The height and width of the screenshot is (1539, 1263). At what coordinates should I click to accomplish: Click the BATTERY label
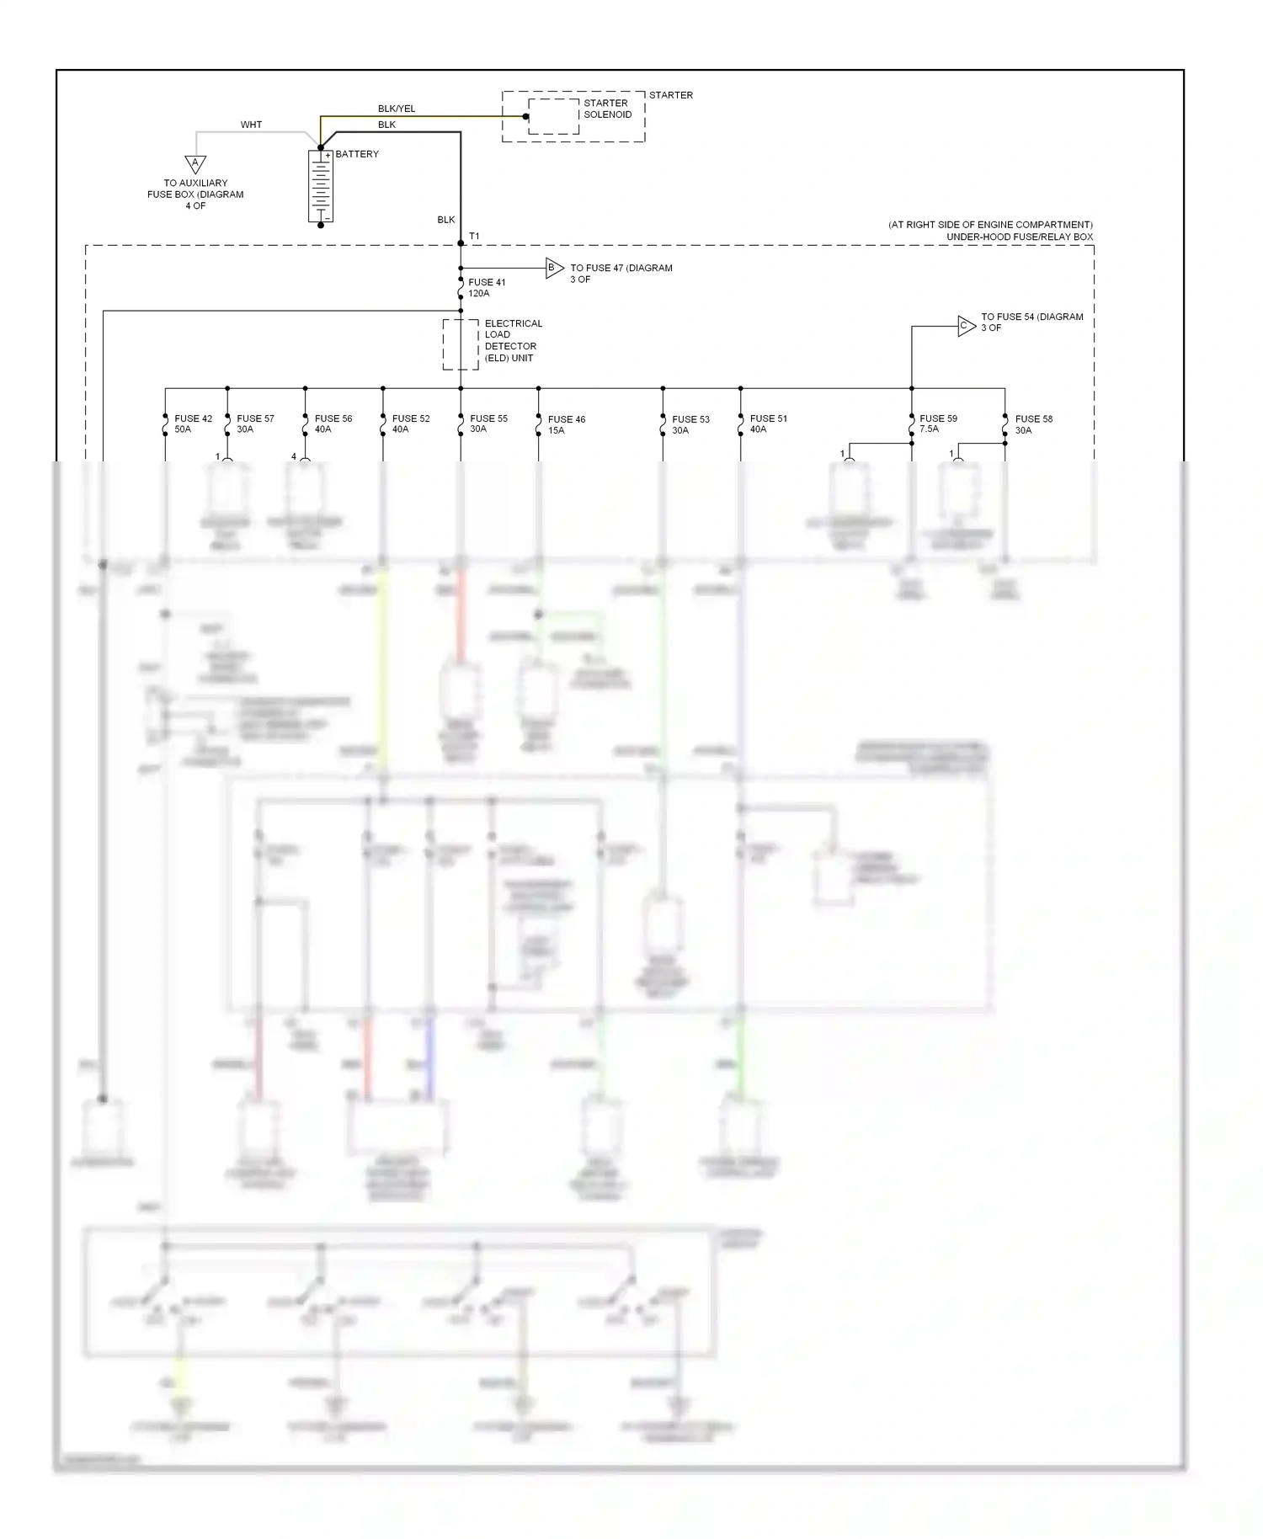coord(357,154)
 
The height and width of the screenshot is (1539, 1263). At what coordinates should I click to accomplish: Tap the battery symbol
coord(321,187)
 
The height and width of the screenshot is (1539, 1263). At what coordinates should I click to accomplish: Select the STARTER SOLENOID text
coord(607,109)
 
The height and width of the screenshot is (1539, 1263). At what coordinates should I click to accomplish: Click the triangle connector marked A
coord(195,163)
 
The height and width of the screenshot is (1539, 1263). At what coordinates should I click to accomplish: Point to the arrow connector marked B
coord(554,269)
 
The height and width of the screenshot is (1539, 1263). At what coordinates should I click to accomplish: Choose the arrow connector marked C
coord(966,326)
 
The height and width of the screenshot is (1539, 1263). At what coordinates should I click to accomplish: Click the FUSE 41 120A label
coord(487,288)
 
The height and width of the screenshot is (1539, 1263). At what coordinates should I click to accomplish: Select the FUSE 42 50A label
coord(193,423)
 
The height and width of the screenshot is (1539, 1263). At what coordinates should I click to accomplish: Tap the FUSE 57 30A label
coord(255,423)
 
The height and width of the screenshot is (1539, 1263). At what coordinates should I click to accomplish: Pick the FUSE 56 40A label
coord(333,423)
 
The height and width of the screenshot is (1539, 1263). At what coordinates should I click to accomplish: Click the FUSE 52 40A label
coord(410,423)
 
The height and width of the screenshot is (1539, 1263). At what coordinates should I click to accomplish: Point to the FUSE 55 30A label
coord(488,423)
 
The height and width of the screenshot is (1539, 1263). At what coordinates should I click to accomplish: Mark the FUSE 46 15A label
coord(566,424)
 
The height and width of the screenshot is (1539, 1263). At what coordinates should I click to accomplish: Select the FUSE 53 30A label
coord(690,424)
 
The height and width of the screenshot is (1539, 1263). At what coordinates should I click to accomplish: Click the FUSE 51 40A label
coord(768,423)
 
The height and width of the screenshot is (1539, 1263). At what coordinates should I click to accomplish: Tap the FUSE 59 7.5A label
coord(938,423)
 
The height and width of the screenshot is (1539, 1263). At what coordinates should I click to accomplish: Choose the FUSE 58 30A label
coord(1033,424)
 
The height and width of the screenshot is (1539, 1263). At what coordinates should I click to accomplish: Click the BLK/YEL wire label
coord(397,109)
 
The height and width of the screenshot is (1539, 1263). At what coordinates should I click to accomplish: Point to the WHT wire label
coord(251,125)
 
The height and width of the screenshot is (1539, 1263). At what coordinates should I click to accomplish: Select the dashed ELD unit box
coord(461,344)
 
